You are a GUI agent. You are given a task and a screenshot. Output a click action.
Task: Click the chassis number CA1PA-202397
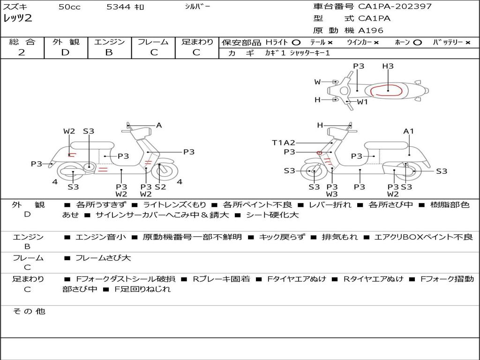(x=395, y=7)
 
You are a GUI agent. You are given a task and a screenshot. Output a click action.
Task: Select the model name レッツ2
(x=18, y=19)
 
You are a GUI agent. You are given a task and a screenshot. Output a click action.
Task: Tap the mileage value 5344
(x=119, y=7)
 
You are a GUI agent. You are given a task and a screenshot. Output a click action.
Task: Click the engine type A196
(x=371, y=30)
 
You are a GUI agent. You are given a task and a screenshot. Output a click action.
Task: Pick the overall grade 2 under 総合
(x=22, y=52)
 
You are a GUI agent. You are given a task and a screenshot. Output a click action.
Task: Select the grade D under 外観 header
(x=65, y=52)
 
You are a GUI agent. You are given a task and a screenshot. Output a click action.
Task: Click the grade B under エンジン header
(x=109, y=52)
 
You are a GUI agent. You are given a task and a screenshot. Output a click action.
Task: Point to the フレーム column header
(x=153, y=42)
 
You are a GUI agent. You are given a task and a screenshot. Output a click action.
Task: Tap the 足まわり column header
(x=197, y=42)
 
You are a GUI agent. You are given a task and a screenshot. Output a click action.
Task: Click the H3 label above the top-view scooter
(x=388, y=66)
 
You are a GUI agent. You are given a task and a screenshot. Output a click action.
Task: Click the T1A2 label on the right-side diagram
(x=284, y=142)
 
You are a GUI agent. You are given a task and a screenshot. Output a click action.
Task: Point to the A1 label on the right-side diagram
(x=409, y=131)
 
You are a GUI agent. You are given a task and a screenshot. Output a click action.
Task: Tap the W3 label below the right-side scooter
(x=332, y=194)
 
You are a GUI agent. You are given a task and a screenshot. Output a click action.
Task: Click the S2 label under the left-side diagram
(x=160, y=187)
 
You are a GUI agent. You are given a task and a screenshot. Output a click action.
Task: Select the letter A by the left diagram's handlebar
(x=159, y=125)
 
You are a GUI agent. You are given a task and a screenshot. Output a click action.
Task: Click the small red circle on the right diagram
(x=319, y=153)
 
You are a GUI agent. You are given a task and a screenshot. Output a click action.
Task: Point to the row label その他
(x=28, y=311)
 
